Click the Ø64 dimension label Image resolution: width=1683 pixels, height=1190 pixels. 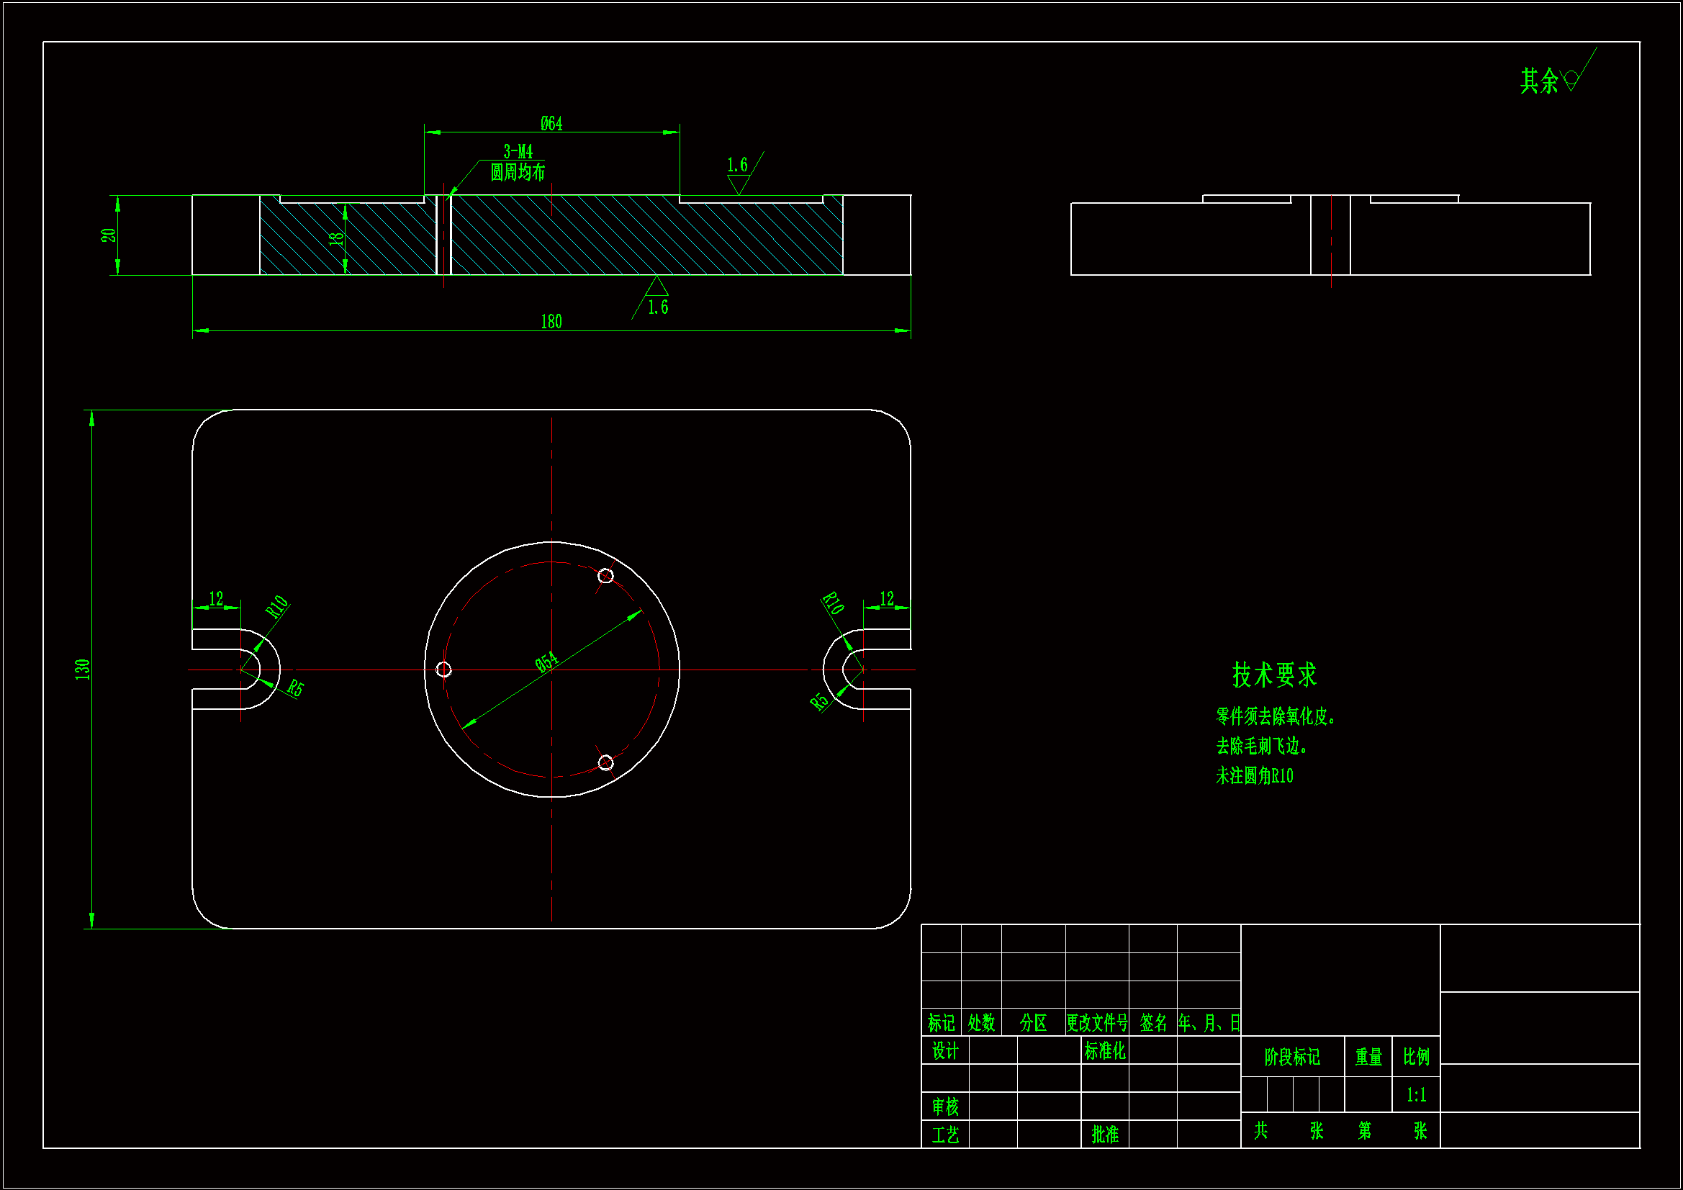pyautogui.click(x=551, y=123)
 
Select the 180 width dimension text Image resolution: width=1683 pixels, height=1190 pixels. pyautogui.click(x=551, y=322)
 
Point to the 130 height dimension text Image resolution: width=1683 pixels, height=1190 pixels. pyautogui.click(x=82, y=669)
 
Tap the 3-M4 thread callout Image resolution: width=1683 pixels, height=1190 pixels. pyautogui.click(x=518, y=152)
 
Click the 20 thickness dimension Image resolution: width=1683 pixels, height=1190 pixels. pyautogui.click(x=109, y=235)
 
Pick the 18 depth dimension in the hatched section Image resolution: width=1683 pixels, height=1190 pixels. pyautogui.click(x=336, y=238)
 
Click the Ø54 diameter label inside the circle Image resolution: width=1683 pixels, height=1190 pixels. pyautogui.click(x=546, y=662)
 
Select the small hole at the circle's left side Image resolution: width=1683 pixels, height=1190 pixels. pyautogui.click(x=443, y=670)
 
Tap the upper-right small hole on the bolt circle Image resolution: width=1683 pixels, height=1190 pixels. pyautogui.click(x=605, y=576)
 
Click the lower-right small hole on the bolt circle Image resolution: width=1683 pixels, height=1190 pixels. pyautogui.click(x=605, y=763)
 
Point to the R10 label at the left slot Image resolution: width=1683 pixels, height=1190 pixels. pyautogui.click(x=277, y=607)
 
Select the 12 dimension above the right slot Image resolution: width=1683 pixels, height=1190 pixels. pyautogui.click(x=887, y=599)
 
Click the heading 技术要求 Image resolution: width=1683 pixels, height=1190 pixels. pyautogui.click(x=1274, y=675)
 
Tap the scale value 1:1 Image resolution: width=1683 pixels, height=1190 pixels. pyautogui.click(x=1416, y=1096)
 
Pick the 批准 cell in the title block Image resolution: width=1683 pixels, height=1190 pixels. pyautogui.click(x=1105, y=1135)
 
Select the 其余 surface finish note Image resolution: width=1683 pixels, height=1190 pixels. pyautogui.click(x=1538, y=81)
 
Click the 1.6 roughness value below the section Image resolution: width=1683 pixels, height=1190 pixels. pyautogui.click(x=657, y=307)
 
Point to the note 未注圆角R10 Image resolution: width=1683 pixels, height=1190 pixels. pyautogui.click(x=1254, y=776)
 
